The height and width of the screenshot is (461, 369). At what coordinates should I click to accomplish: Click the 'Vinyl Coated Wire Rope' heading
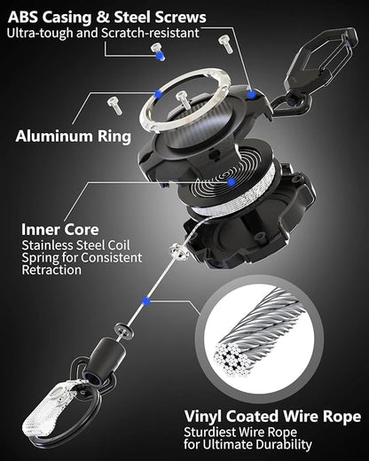(271, 415)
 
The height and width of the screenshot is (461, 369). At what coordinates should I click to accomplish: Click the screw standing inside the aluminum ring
(182, 99)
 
